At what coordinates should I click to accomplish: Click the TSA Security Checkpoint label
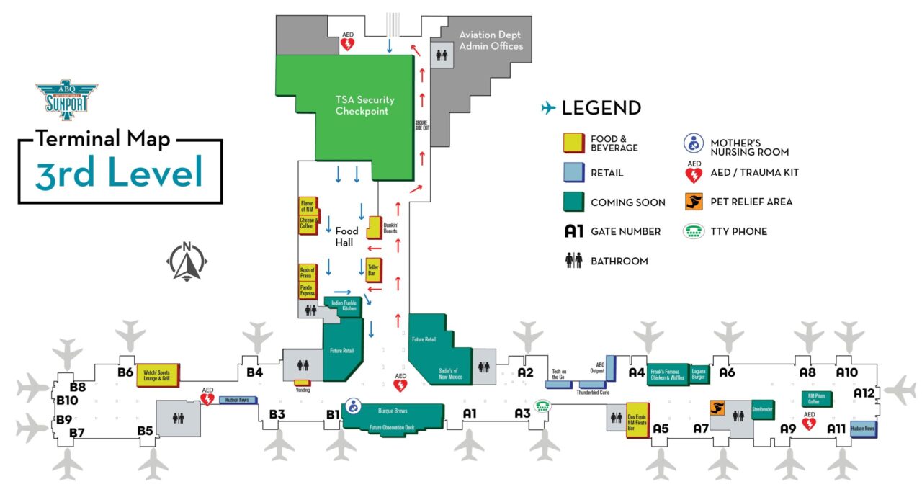tap(364, 105)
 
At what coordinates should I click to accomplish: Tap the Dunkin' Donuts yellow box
tap(374, 228)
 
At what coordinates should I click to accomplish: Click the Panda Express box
tap(308, 290)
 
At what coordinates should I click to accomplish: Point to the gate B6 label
tap(125, 372)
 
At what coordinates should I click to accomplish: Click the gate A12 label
tap(863, 393)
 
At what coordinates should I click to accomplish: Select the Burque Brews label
tap(393, 411)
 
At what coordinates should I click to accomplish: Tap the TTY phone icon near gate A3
tap(542, 406)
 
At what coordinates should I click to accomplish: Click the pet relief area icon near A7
tap(717, 408)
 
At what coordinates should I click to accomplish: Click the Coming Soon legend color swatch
tap(573, 202)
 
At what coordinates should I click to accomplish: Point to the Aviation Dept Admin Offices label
tap(490, 40)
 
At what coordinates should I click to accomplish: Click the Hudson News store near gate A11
tap(862, 429)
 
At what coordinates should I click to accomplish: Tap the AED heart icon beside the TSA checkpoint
tap(347, 43)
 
